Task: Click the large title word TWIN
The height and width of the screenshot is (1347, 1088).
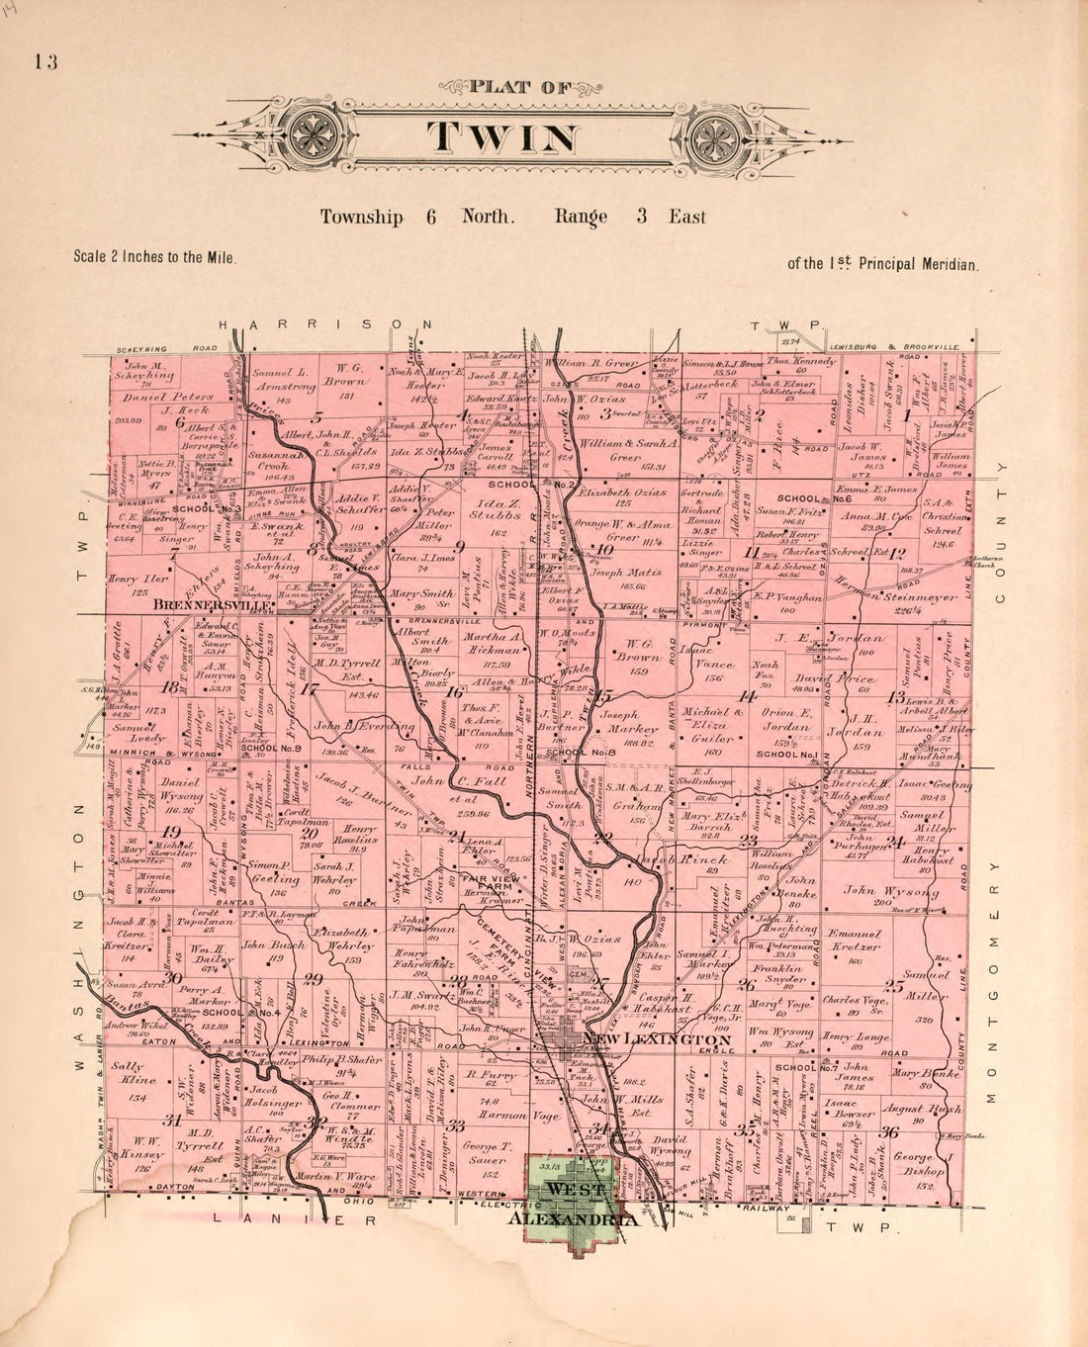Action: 503,137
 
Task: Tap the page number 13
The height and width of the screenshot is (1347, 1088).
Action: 45,62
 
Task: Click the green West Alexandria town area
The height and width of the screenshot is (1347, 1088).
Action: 573,1202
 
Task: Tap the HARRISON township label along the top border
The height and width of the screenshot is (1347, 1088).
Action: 325,324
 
